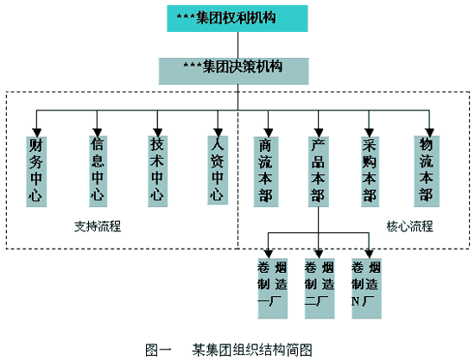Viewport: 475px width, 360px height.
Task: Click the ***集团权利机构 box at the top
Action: [x=237, y=18]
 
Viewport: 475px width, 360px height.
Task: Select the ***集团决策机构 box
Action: [x=234, y=71]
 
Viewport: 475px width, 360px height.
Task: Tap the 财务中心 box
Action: [x=36, y=172]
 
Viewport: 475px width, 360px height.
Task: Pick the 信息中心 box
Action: [x=98, y=172]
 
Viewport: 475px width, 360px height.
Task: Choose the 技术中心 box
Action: [x=157, y=172]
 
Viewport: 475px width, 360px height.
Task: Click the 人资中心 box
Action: [x=218, y=170]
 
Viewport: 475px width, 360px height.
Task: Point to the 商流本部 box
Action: [x=266, y=172]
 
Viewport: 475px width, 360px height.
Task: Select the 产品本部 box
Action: [x=319, y=172]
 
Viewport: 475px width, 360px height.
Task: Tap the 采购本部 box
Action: [x=370, y=172]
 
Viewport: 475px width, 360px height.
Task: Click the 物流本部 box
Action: [x=427, y=172]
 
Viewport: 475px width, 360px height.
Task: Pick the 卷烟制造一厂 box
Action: [x=272, y=288]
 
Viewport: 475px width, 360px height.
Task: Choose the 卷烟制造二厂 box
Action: [x=320, y=288]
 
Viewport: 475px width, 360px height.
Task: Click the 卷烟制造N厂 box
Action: [x=366, y=288]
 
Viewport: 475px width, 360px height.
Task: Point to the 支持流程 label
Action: [x=98, y=226]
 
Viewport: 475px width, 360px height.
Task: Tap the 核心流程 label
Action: [x=410, y=226]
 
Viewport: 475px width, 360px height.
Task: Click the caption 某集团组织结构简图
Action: [x=252, y=350]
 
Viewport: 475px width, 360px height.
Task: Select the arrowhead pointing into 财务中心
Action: [x=36, y=133]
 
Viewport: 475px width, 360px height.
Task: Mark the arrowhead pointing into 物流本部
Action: [x=429, y=133]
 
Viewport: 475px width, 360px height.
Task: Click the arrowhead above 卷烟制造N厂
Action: [x=369, y=254]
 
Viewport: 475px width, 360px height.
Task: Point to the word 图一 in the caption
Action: [x=158, y=350]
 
